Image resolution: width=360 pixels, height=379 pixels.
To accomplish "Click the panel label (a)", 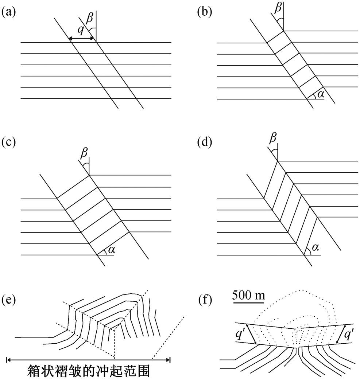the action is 9,12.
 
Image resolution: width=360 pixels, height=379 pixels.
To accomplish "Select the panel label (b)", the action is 205,12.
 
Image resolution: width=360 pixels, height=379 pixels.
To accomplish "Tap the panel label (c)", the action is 9,142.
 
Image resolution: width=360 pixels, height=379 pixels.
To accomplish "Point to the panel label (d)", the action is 205,142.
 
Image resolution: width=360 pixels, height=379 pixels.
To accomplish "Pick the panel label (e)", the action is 9,300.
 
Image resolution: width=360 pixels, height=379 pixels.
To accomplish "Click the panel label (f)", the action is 204,300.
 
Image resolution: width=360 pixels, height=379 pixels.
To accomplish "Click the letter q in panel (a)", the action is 81,30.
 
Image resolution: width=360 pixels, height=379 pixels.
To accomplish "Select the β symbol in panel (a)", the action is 90,18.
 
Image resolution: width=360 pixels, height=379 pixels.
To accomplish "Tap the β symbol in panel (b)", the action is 278,8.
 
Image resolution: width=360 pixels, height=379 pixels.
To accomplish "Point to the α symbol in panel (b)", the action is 321,94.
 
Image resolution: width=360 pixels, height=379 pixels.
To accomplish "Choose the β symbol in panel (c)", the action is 84,153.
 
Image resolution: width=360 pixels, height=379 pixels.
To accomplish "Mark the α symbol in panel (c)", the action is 111,250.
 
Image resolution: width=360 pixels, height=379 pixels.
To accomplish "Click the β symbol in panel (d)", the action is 273,138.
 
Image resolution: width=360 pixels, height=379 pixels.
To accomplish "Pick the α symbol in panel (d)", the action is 315,247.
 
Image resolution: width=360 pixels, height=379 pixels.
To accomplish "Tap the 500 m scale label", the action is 248,295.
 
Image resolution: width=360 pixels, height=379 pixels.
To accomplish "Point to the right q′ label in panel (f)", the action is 348,335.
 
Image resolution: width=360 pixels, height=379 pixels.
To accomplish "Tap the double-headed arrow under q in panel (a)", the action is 81,38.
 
